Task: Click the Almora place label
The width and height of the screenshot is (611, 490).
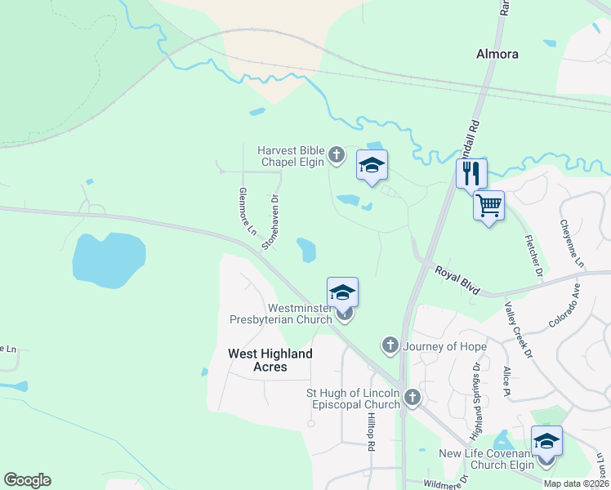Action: tap(497, 54)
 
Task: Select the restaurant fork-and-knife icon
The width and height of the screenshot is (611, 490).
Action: tap(471, 173)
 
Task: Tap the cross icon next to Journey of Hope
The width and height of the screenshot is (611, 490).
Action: tap(390, 346)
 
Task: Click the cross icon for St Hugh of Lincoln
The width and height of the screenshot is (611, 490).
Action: tap(413, 398)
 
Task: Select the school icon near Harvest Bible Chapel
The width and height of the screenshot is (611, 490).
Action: tap(372, 166)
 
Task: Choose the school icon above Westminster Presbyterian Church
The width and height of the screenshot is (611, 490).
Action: tap(343, 292)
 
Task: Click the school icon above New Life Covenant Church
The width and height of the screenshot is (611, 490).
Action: tap(546, 441)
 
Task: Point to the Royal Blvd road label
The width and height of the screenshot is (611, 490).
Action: tap(456, 281)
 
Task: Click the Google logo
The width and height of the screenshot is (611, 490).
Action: tap(27, 480)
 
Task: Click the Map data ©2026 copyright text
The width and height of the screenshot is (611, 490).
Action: tap(575, 483)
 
